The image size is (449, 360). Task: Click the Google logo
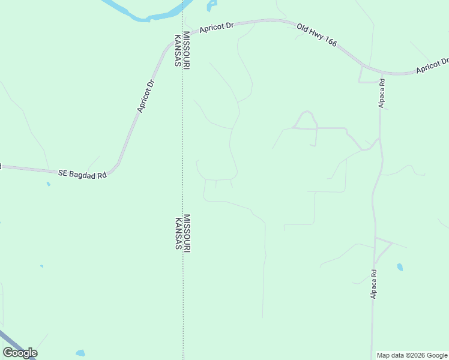click(20, 353)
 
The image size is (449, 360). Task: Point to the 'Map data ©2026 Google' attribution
click(412, 355)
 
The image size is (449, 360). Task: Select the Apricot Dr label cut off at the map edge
click(433, 66)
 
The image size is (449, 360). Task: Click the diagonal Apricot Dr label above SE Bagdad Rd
click(145, 95)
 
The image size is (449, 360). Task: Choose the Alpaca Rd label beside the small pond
click(373, 284)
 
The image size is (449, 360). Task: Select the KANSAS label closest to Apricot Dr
click(178, 50)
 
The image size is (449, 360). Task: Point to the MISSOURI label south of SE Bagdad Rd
click(187, 233)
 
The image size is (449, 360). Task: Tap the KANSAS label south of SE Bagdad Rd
click(178, 234)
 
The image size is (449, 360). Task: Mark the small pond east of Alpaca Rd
click(400, 267)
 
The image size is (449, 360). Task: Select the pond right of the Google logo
click(80, 353)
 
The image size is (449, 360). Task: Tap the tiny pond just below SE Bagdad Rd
click(48, 184)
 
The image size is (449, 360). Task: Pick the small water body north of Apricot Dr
click(210, 6)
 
